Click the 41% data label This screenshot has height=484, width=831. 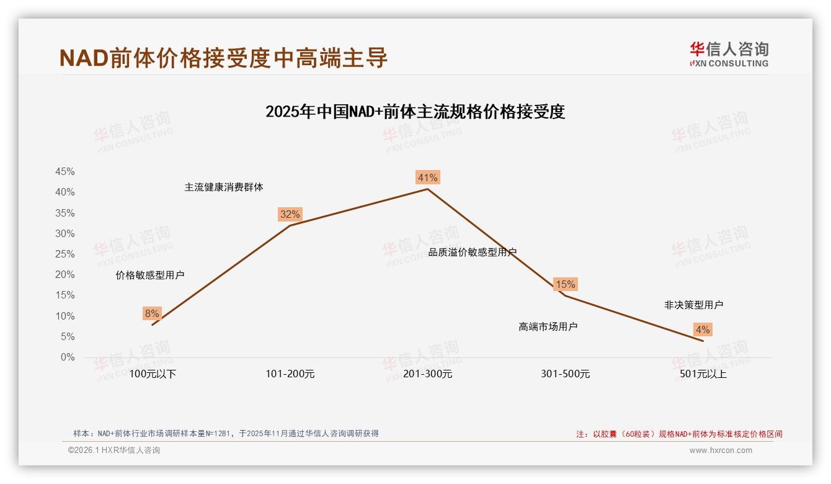427,178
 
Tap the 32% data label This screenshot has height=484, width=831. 290,215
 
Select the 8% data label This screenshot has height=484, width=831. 152,314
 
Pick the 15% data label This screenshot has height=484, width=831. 565,285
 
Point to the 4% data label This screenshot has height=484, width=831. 703,330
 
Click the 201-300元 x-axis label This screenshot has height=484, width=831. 427,374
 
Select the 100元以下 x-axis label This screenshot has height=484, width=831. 153,374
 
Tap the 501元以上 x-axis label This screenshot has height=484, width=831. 703,374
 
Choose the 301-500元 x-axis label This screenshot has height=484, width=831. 565,374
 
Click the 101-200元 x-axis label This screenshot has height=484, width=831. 290,374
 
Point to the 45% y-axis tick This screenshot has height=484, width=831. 65,172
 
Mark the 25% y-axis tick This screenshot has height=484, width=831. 65,254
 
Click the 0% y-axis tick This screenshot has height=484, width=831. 68,357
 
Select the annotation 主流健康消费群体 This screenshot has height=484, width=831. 223,187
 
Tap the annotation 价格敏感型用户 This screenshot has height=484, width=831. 149,276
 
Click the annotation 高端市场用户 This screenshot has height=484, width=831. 548,327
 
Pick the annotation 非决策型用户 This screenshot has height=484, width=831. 693,305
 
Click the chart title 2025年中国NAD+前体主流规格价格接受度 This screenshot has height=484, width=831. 415,112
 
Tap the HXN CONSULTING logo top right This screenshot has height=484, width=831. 729,55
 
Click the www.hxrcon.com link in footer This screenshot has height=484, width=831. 720,450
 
